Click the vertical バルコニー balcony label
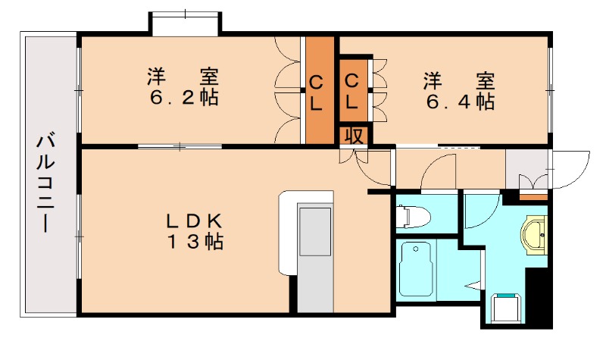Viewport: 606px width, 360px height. (45, 183)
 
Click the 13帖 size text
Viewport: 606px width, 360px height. (195, 243)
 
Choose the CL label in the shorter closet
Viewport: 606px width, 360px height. (353, 91)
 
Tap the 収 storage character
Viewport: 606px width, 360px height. (354, 136)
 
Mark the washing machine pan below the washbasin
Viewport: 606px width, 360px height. (506, 307)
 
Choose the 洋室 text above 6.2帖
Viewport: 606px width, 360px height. (183, 77)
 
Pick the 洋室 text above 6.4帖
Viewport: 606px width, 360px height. (459, 79)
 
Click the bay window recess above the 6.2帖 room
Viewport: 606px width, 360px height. (185, 23)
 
